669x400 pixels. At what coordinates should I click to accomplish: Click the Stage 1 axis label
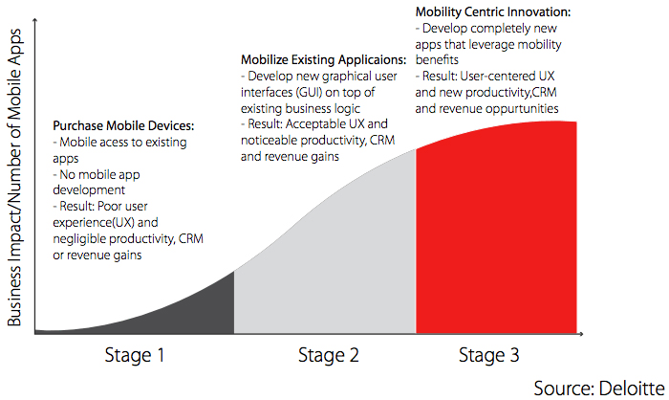coord(135,355)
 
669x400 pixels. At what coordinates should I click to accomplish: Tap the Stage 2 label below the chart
coord(329,355)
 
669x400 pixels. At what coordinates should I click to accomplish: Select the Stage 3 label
coord(489,355)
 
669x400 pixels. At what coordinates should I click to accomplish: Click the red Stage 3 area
coord(496,231)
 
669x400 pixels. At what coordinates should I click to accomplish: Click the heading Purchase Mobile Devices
coord(123,125)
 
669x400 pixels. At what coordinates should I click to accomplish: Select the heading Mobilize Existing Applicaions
coord(323,60)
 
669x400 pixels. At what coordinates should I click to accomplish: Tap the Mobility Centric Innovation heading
coord(493,12)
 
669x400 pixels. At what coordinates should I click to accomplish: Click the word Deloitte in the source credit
coord(632,388)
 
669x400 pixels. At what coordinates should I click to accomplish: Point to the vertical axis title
coord(14,177)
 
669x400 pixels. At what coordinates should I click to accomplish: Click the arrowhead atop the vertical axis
coord(35,20)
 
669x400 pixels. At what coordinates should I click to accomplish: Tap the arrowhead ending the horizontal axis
coord(581,334)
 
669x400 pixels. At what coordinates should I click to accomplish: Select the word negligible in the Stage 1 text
coord(79,239)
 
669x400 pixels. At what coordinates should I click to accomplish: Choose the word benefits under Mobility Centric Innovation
coord(437,60)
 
